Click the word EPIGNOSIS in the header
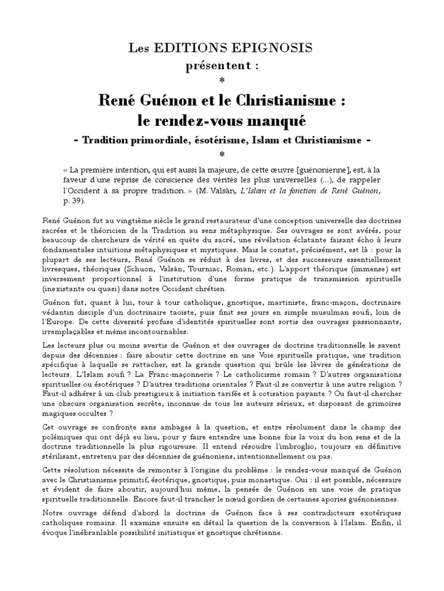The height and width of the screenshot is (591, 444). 274,48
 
